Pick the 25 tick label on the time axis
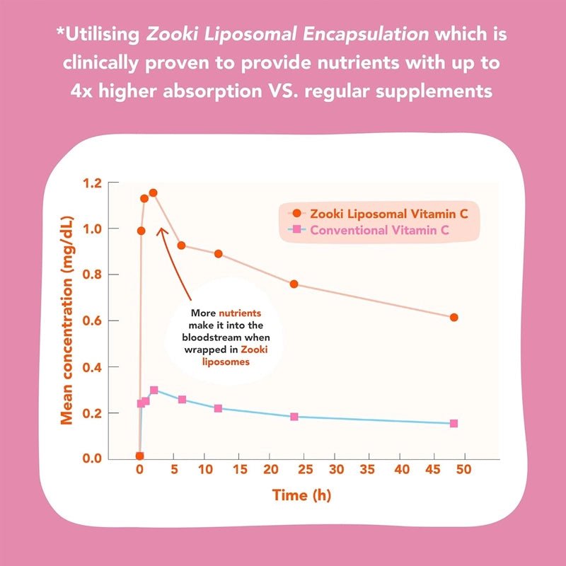coord(304,470)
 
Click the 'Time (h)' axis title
coord(301,495)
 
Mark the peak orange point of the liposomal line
coord(153,192)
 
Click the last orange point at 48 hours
coord(454,318)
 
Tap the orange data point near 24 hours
coord(294,284)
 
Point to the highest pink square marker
coord(154,391)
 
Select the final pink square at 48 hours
coord(454,423)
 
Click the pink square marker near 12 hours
coord(218,408)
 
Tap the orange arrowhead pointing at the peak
coord(161,231)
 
